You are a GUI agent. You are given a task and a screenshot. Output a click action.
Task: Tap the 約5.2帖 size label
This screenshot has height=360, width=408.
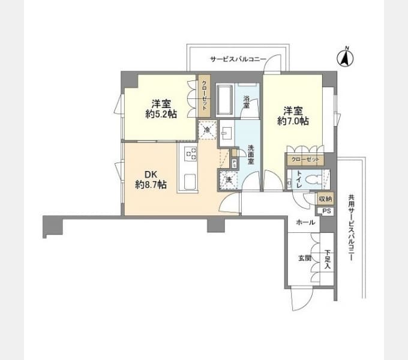tap(161, 114)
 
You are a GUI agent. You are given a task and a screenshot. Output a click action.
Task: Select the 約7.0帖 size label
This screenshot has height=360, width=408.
tap(293, 121)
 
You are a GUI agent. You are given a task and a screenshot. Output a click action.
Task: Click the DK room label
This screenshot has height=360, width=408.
tap(151, 174)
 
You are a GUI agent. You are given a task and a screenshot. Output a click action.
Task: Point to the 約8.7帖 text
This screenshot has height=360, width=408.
tap(151, 184)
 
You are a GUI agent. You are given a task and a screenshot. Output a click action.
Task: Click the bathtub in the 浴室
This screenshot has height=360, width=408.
tap(224, 100)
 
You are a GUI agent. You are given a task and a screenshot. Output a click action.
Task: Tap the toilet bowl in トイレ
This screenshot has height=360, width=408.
tap(314, 179)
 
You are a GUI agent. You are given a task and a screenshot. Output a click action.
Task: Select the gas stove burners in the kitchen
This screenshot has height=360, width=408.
tap(190, 154)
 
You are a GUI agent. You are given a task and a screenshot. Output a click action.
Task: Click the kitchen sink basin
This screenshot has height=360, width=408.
tap(190, 181)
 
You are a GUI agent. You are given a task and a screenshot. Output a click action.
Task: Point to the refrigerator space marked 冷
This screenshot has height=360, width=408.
tap(208, 130)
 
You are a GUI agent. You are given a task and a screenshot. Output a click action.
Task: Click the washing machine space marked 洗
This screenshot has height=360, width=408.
tap(228, 180)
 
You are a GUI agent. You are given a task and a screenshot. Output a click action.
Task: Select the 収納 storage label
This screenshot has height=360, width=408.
tap(325, 199)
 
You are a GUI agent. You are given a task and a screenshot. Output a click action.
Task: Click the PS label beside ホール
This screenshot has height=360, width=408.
tap(326, 211)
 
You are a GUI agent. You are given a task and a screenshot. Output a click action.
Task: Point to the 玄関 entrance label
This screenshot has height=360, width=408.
tap(304, 259)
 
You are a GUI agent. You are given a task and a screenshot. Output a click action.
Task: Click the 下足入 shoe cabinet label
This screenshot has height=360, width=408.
tap(328, 259)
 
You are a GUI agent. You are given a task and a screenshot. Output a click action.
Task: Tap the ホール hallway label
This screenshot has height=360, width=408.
tap(305, 223)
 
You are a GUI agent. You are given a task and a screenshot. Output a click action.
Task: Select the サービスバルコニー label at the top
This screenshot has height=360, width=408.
tap(238, 59)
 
